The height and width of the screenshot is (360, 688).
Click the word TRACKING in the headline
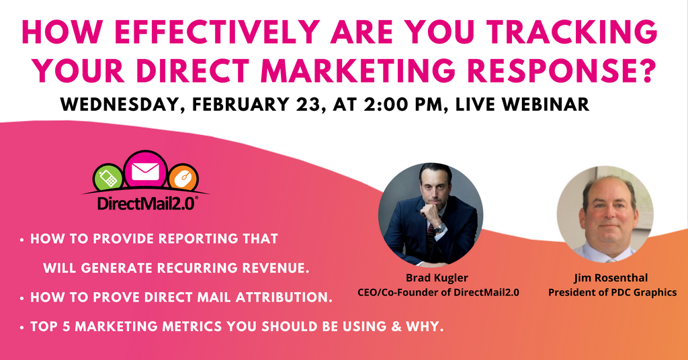pyautogui.click(x=572, y=32)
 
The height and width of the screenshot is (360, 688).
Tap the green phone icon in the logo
pyautogui.click(x=108, y=177)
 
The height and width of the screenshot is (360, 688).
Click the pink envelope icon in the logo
pyautogui.click(x=145, y=171)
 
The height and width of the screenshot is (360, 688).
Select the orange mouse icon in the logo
pyautogui.click(x=183, y=178)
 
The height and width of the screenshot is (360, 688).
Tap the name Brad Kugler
pyautogui.click(x=431, y=278)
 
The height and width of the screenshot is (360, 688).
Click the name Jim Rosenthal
pyautogui.click(x=611, y=278)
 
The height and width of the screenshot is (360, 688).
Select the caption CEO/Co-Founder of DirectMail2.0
pyautogui.click(x=438, y=292)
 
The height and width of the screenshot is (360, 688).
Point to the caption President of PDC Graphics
pyautogui.click(x=613, y=292)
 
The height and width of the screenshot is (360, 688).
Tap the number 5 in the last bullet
pyautogui.click(x=66, y=326)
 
